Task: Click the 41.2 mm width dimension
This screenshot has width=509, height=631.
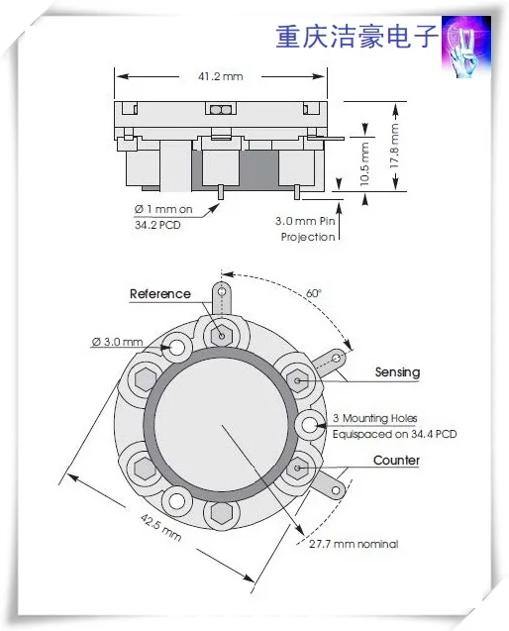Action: pos(221,76)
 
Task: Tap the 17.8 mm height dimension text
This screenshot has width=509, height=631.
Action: pos(395,146)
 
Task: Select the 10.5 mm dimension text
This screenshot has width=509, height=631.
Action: pos(364,163)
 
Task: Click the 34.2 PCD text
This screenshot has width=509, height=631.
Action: pos(157,225)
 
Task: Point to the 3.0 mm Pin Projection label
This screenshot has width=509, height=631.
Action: pos(305,229)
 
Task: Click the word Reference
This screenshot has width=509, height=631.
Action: pos(160,294)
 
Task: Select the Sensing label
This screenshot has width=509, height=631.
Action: pos(397,372)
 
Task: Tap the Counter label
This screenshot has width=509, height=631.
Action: pos(396,460)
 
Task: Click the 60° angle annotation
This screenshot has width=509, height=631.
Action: pos(314,293)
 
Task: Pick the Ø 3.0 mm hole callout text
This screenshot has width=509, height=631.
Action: pos(117,342)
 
